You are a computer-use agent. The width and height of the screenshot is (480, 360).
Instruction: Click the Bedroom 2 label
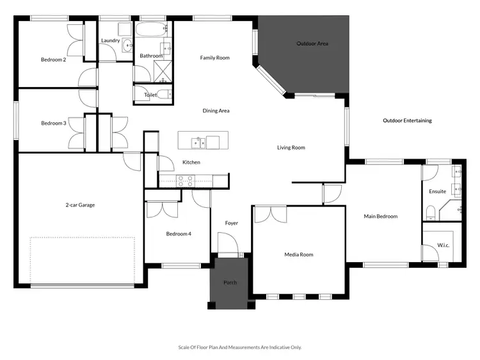(x=54, y=59)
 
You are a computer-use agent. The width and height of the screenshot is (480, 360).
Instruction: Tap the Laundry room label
(x=111, y=41)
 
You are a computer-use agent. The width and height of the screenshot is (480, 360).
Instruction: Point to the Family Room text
(x=214, y=58)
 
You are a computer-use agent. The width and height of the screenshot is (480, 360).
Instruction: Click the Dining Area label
(x=216, y=111)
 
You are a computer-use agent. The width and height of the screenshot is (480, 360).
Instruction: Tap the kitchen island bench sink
(x=199, y=141)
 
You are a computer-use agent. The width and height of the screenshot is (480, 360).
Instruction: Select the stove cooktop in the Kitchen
(x=185, y=181)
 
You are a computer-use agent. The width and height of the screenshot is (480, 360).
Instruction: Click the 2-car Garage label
(x=80, y=205)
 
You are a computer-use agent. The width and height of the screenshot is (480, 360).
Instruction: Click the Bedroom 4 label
(x=179, y=234)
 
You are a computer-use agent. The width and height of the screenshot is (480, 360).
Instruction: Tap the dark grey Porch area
(x=230, y=283)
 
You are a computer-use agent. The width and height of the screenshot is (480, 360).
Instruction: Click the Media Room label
(x=298, y=254)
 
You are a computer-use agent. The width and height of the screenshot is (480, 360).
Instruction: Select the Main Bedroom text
(x=380, y=217)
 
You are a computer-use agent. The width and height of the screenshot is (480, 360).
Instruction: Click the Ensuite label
(x=438, y=192)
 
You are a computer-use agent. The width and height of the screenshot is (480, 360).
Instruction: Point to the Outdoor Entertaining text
(x=407, y=121)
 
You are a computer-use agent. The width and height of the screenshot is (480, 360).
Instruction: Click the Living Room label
(x=291, y=148)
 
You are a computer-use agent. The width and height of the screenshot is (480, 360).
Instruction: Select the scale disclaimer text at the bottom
(x=239, y=347)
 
